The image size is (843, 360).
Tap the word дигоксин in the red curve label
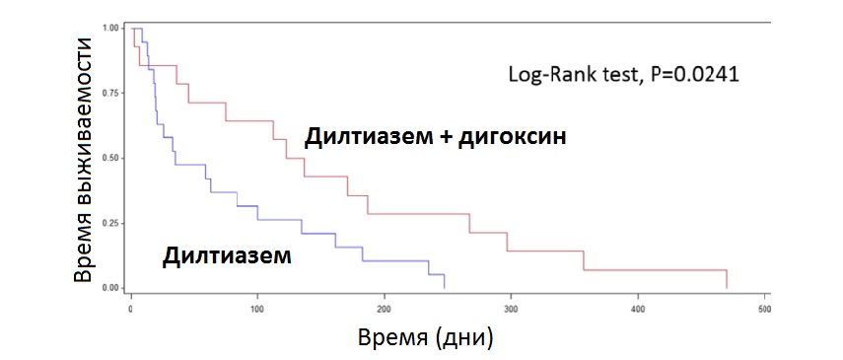coord(517,137)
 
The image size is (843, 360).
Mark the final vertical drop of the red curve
coord(727,279)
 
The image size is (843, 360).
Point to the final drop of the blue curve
coord(445,281)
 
